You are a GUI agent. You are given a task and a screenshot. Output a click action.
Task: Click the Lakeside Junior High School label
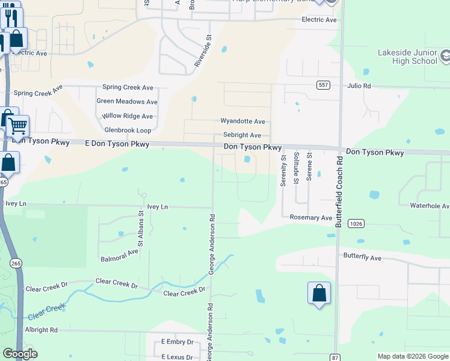pos(407,57)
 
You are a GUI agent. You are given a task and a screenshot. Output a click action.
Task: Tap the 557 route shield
pos(323,85)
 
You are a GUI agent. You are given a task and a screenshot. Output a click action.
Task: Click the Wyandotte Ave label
pos(242,122)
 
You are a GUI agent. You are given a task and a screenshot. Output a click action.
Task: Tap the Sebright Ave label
pos(242,135)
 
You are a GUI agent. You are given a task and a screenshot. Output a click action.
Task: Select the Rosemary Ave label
pos(311,218)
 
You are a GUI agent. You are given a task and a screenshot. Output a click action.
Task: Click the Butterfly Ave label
pos(362,258)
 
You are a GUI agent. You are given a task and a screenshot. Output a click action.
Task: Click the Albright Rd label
pos(41,330)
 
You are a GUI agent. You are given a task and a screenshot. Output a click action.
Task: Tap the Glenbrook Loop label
pos(128,130)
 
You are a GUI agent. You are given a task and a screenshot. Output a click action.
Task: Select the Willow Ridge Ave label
pos(127,116)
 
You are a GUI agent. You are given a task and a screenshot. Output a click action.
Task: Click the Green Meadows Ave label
pos(127,102)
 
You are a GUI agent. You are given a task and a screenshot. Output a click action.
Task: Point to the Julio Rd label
pos(359,86)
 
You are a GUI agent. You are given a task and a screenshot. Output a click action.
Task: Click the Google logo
pos(19,354)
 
